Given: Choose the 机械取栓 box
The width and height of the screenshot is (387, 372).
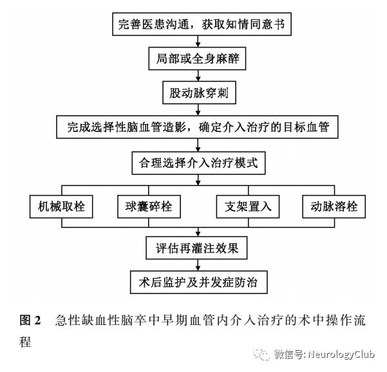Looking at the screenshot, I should coord(62,207).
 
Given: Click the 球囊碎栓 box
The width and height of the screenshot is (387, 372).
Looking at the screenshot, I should coord(149,207).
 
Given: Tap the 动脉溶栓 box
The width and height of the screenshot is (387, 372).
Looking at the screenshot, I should coord(334,207).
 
